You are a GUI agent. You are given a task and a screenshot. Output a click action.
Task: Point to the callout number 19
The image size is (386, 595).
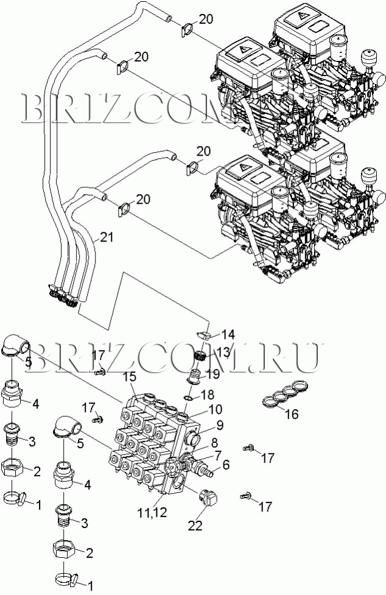click(x=212, y=374)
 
